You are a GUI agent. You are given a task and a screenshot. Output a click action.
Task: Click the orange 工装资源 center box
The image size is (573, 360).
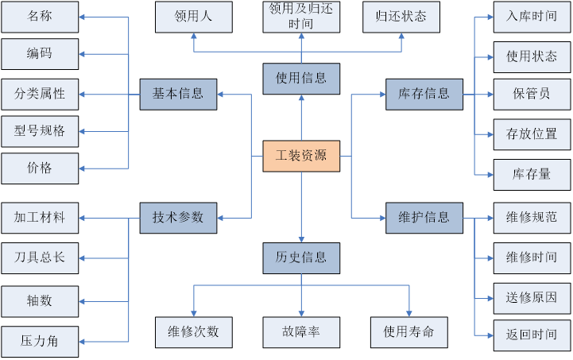coord(301,155)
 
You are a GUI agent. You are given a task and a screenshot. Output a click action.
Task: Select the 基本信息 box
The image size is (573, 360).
coord(178,94)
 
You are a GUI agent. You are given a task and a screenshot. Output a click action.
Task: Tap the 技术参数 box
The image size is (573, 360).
coord(178,217)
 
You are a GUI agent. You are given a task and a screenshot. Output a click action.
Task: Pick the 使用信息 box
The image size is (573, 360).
coord(301,78)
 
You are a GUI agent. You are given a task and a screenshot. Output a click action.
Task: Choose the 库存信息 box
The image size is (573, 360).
coord(424,94)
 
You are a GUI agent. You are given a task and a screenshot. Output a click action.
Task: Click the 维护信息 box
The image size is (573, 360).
coord(424,217)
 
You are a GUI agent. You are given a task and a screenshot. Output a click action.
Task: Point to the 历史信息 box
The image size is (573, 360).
coord(301,258)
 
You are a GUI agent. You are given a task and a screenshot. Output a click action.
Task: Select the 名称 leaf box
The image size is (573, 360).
coord(40,16)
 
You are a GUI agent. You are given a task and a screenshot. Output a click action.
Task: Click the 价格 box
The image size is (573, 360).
coord(40,168)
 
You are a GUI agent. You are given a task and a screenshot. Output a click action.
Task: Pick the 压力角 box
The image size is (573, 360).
coord(40,342)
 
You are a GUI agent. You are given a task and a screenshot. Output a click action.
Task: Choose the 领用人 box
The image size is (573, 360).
coord(193,16)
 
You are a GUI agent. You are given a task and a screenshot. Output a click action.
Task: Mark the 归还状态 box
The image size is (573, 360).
coord(401,16)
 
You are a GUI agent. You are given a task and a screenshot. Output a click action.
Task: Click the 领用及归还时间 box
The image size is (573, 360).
coord(301,16)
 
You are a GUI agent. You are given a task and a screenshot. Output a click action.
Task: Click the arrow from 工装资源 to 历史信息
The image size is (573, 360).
coord(301,207)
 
